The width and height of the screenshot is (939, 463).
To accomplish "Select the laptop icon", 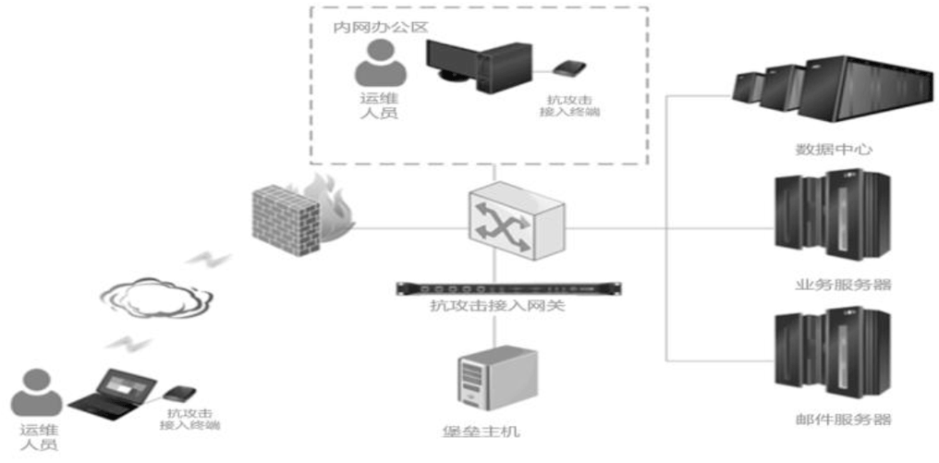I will (x=106, y=393).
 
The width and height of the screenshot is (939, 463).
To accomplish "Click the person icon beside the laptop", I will (x=37, y=393).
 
